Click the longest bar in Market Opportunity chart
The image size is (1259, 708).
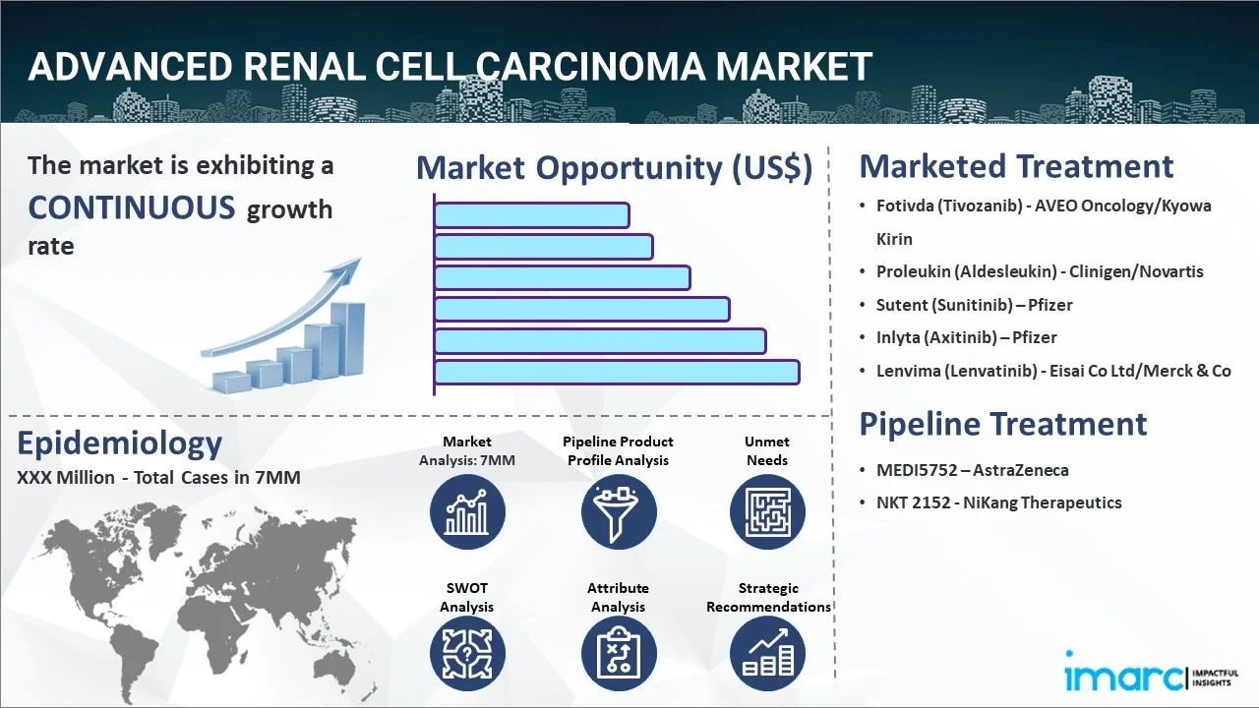click(x=617, y=372)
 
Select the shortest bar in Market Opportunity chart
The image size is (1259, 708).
click(x=532, y=215)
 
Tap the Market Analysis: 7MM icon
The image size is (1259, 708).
click(x=467, y=511)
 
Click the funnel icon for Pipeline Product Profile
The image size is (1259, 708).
click(x=619, y=511)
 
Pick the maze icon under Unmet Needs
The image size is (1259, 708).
click(x=767, y=511)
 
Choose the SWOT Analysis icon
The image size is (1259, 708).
click(x=467, y=654)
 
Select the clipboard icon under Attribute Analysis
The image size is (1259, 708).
click(x=619, y=654)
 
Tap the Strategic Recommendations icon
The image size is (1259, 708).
click(x=767, y=654)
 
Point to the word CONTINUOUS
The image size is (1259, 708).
click(x=132, y=207)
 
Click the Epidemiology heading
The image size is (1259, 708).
click(x=119, y=443)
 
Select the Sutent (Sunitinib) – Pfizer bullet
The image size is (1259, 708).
click(x=974, y=305)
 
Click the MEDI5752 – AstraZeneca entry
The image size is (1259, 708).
click(x=973, y=470)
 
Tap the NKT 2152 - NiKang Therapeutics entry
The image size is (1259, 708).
click(x=998, y=502)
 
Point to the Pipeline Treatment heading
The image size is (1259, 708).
click(x=1002, y=424)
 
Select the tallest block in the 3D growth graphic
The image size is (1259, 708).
click(x=347, y=339)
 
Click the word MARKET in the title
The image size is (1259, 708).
click(x=794, y=66)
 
